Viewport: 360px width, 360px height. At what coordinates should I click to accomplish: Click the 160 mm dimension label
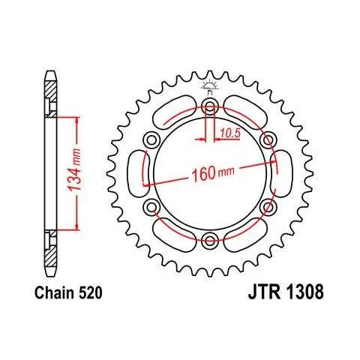tap(213, 172)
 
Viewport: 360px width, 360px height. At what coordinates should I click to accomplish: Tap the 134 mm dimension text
tap(75, 170)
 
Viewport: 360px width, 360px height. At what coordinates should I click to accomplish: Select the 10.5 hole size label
tap(230, 133)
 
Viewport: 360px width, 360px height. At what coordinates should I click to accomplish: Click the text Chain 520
tap(68, 292)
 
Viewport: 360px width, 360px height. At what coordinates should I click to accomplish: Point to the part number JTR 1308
tap(286, 292)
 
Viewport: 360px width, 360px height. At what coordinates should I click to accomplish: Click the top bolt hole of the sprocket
tap(210, 106)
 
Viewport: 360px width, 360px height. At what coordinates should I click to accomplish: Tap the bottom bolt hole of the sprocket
tap(210, 241)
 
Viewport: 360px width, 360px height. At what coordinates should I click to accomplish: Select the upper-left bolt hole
tap(151, 140)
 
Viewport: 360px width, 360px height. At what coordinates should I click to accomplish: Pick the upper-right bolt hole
tap(268, 140)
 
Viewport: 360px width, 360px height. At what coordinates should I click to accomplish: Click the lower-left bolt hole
tap(151, 207)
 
